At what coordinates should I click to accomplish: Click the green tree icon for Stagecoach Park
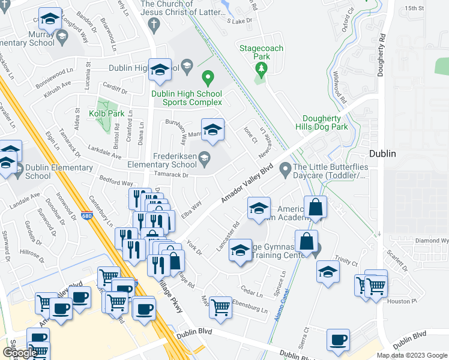pos(261,69)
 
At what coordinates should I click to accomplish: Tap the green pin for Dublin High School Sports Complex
pos(208,77)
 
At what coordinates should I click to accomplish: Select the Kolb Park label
pos(106,113)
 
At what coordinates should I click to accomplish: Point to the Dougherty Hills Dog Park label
pos(325,123)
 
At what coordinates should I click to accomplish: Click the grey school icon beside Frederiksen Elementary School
pos(205,158)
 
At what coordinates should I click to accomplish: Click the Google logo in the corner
pos(19,353)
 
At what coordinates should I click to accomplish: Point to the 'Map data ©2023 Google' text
pos(412,355)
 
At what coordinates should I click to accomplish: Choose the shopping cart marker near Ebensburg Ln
pos(221,307)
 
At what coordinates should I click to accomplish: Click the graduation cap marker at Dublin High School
pos(160,70)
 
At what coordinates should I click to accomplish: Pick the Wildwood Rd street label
pos(340,89)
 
